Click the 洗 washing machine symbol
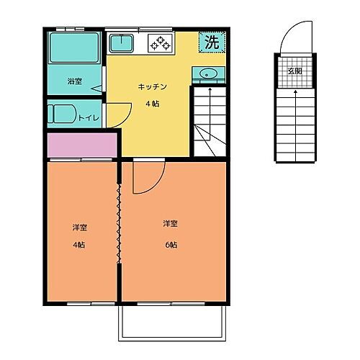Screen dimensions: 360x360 click(x=210, y=42)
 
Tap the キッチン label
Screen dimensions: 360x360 click(x=153, y=87)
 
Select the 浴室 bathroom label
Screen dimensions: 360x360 click(x=73, y=81)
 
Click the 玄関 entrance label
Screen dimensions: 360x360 click(x=294, y=71)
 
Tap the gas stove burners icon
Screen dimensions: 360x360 click(x=160, y=42)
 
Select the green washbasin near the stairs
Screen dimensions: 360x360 click(x=209, y=73)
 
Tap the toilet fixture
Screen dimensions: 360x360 click(x=59, y=114)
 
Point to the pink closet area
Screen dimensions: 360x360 click(x=82, y=145)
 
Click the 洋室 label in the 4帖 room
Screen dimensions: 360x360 click(x=79, y=228)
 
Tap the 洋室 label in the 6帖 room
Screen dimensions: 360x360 click(x=170, y=223)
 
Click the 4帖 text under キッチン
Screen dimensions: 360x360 click(x=153, y=104)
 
